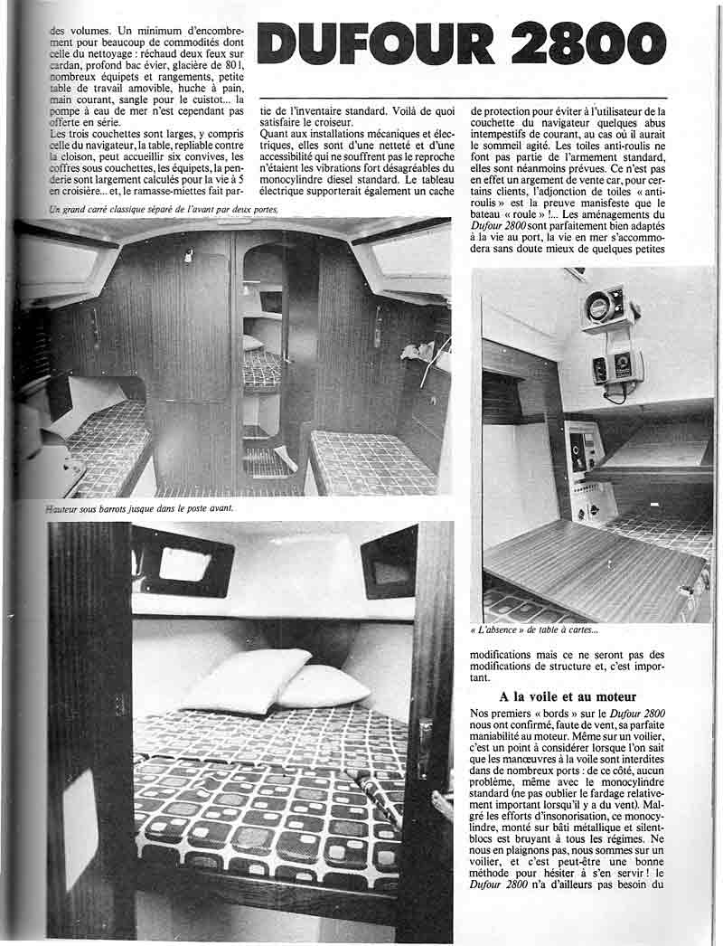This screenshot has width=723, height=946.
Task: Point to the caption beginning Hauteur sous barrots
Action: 140,508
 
